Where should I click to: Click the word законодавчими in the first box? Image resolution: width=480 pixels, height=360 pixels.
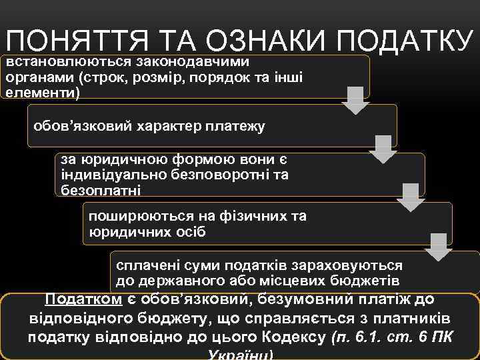click(193, 62)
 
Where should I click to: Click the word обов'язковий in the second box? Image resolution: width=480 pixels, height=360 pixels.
click(75, 126)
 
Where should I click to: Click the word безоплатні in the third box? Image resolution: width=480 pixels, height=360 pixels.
click(101, 191)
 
